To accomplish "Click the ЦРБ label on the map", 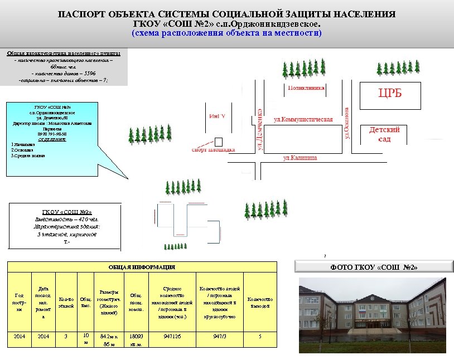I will pos(390,93).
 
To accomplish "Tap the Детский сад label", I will pos(385,134).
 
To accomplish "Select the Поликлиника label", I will pos(306,88).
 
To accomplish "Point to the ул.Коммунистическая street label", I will pos(303,119).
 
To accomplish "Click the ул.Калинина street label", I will pos(300,158).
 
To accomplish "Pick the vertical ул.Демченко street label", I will pos(259,129).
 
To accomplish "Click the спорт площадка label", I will pos(214,149).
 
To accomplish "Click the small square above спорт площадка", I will pos(219,140).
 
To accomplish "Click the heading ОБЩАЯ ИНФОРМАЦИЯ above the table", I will pos(142,267).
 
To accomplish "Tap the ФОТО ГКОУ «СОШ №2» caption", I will pos(374,267).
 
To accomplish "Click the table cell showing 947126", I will pos(172,337).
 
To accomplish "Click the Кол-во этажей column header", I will pos(66,303).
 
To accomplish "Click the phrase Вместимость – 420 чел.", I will pos(66,219).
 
